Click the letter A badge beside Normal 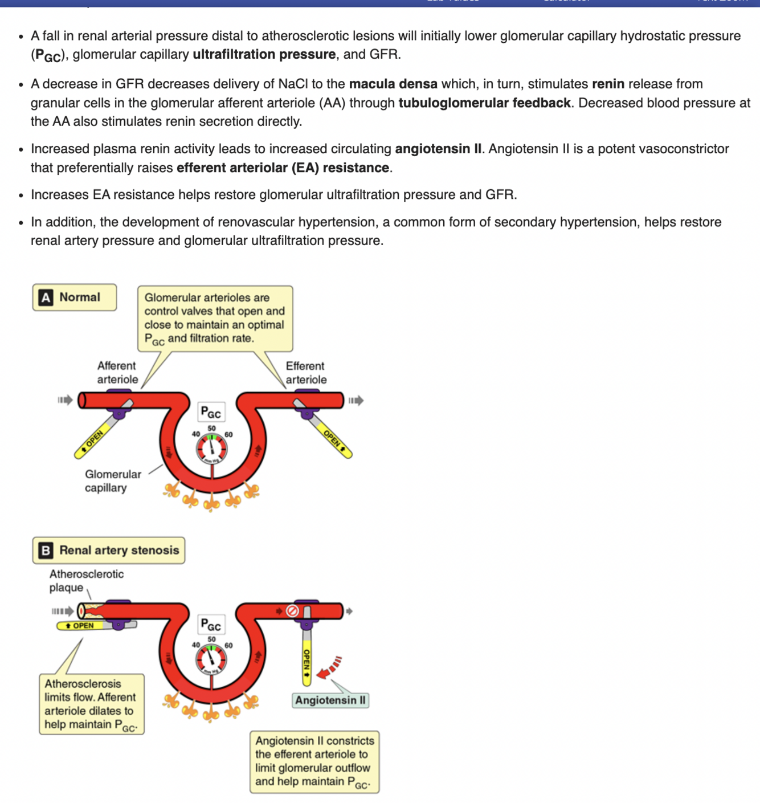46,297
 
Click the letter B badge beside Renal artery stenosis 46,551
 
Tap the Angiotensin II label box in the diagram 330,700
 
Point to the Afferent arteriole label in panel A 117,373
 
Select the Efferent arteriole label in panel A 306,373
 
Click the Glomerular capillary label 113,481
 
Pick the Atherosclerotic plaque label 86,581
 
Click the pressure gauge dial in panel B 211,659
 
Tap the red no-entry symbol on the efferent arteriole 292,611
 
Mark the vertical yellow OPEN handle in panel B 307,660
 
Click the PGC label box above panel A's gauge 211,411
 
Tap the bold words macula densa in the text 393,84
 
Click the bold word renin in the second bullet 608,84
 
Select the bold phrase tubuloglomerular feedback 484,103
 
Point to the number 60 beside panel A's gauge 228,434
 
